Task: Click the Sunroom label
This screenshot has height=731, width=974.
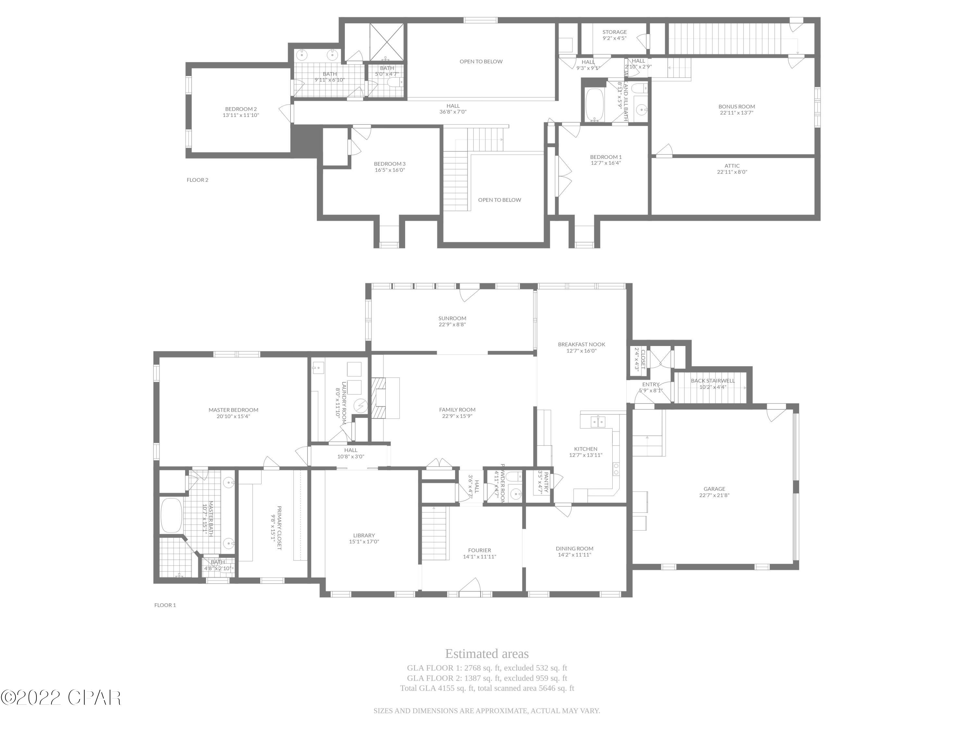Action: click(452, 318)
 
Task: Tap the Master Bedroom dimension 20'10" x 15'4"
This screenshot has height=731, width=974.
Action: click(233, 417)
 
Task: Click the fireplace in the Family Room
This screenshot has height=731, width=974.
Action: click(379, 398)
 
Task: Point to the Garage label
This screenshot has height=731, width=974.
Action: click(714, 489)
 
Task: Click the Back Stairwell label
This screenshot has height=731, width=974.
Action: click(712, 381)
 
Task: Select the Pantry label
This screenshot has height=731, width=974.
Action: click(546, 482)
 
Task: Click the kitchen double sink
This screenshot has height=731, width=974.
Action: click(598, 422)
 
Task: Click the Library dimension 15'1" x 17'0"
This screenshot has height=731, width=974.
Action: click(364, 542)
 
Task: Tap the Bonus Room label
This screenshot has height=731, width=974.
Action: click(736, 107)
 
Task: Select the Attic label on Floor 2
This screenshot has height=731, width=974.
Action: click(732, 166)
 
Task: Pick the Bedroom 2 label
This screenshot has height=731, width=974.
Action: click(241, 109)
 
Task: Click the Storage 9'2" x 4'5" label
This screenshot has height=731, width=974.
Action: click(614, 35)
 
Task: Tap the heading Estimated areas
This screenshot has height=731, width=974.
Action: click(487, 653)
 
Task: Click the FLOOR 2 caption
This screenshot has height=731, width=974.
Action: click(197, 180)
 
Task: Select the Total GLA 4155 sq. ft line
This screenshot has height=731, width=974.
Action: click(487, 688)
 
